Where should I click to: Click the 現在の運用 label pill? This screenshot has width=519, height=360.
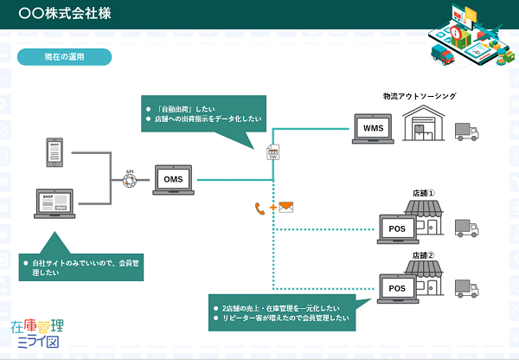pos(64,57)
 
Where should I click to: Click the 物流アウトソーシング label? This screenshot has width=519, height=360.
pos(419,96)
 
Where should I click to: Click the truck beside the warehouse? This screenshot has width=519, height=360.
pos(467,130)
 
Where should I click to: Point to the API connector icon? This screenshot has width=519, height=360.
pos(130,178)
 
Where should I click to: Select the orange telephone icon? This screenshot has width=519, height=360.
pos(259,208)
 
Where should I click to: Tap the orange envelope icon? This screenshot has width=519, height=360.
pos(286,208)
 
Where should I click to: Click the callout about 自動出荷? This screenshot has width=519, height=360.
pos(204,112)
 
